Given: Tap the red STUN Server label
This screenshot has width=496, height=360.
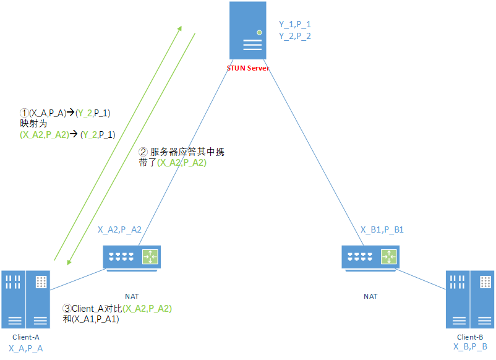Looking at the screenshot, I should click(x=248, y=68).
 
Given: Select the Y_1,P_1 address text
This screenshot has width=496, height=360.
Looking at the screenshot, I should click(x=295, y=24).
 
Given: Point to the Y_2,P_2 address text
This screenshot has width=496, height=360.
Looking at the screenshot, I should click(x=295, y=36).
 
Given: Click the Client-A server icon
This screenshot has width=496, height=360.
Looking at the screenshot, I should click(x=25, y=299).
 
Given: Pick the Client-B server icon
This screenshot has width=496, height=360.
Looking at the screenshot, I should click(x=469, y=299).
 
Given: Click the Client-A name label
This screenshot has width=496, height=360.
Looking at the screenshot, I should click(x=26, y=338).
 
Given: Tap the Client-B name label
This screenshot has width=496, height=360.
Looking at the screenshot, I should click(x=470, y=338).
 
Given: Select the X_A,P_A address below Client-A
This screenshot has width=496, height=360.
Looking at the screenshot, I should click(x=26, y=349).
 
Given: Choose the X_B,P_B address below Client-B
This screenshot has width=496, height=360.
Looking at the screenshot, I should click(x=470, y=347).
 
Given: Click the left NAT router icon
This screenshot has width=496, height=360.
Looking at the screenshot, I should click(x=132, y=257).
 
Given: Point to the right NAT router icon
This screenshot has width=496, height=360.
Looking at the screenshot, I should click(x=370, y=257).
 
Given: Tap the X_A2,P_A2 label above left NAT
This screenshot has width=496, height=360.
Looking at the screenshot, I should click(x=119, y=229).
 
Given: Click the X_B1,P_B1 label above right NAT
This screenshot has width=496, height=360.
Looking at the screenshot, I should click(x=382, y=229).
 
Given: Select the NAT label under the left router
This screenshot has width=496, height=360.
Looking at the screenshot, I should click(x=132, y=296).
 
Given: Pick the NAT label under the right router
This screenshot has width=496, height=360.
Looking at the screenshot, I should click(x=370, y=296).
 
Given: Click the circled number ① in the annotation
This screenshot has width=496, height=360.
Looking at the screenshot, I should click(x=25, y=113).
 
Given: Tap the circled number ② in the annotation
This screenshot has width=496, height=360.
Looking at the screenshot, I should click(x=143, y=151).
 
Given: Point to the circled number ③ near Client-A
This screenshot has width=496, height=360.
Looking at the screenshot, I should click(x=68, y=308).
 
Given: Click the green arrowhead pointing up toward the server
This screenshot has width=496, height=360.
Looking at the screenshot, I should click(x=180, y=28).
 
